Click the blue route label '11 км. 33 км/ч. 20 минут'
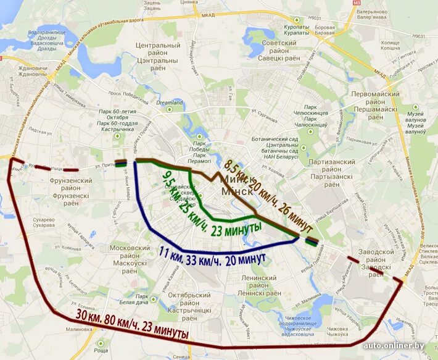pyautogui.click(x=213, y=254)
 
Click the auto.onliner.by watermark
pyautogui.click(x=399, y=346)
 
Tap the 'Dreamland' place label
pyautogui.click(x=170, y=103)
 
